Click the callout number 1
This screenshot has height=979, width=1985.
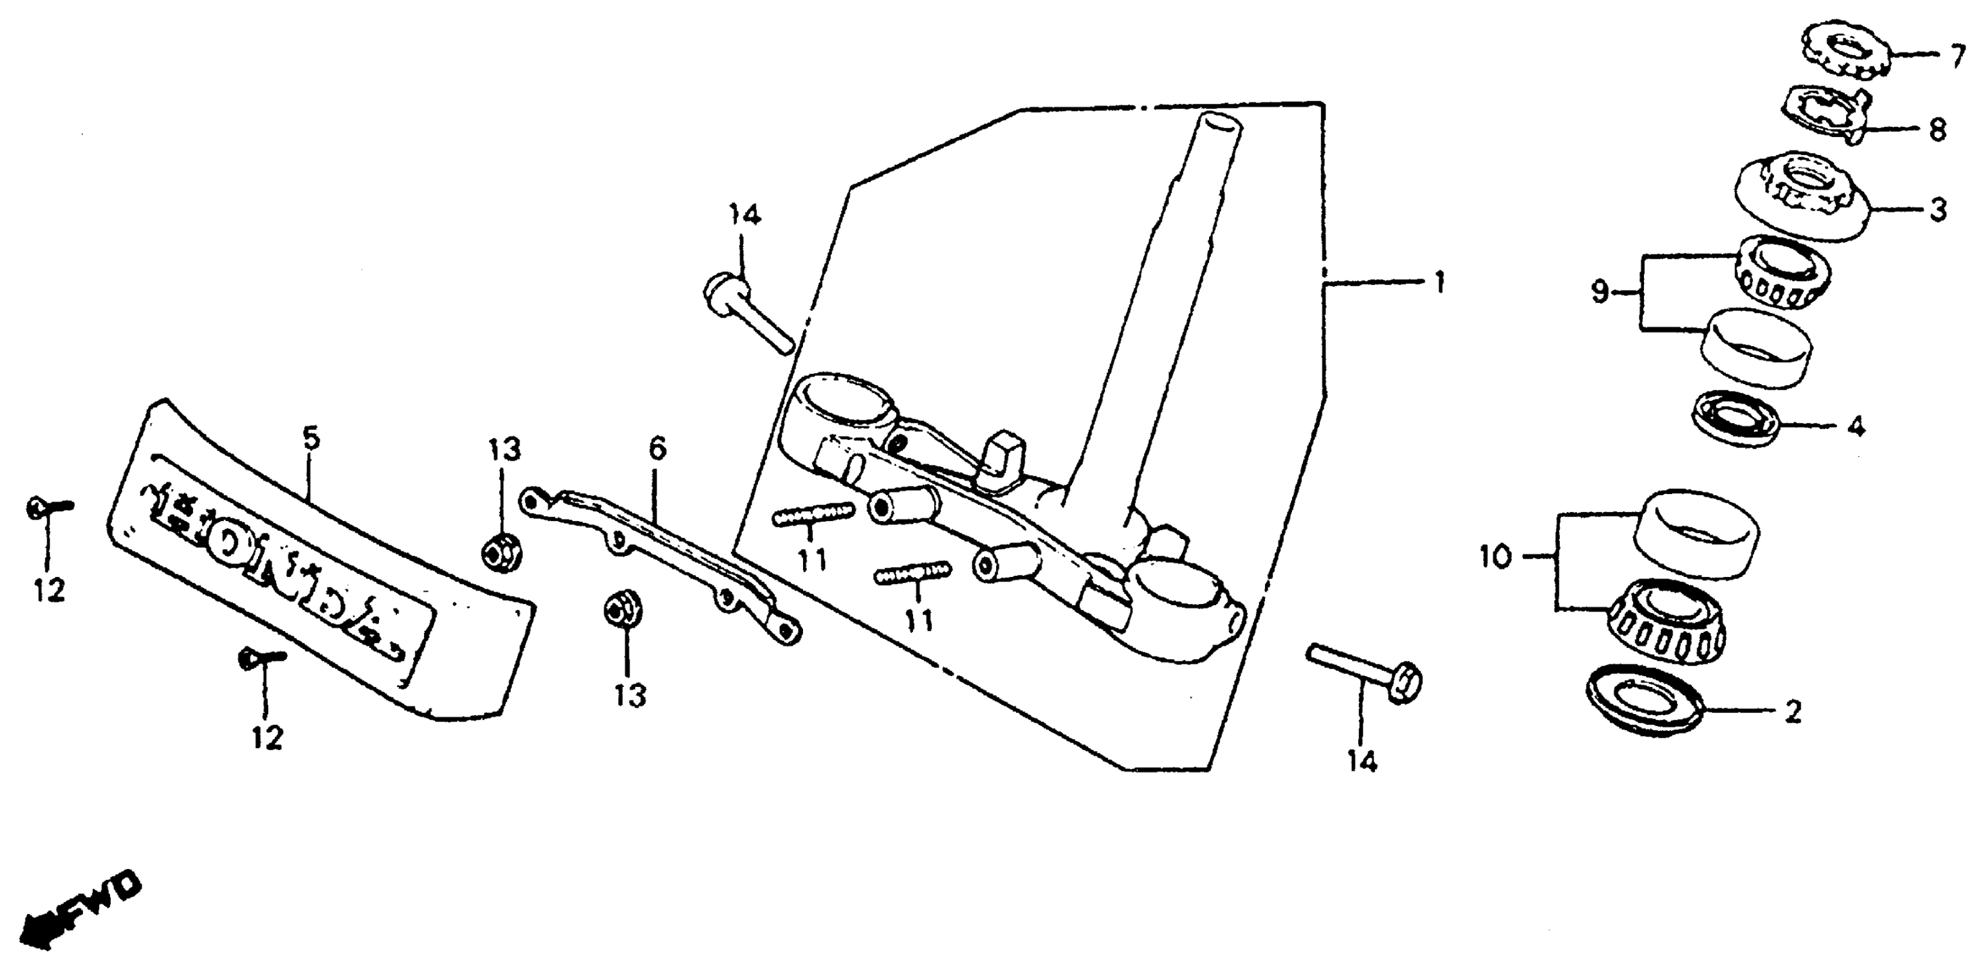pos(1438,283)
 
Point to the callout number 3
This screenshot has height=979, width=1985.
pos(1937,210)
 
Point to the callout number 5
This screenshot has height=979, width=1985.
pos(310,440)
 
